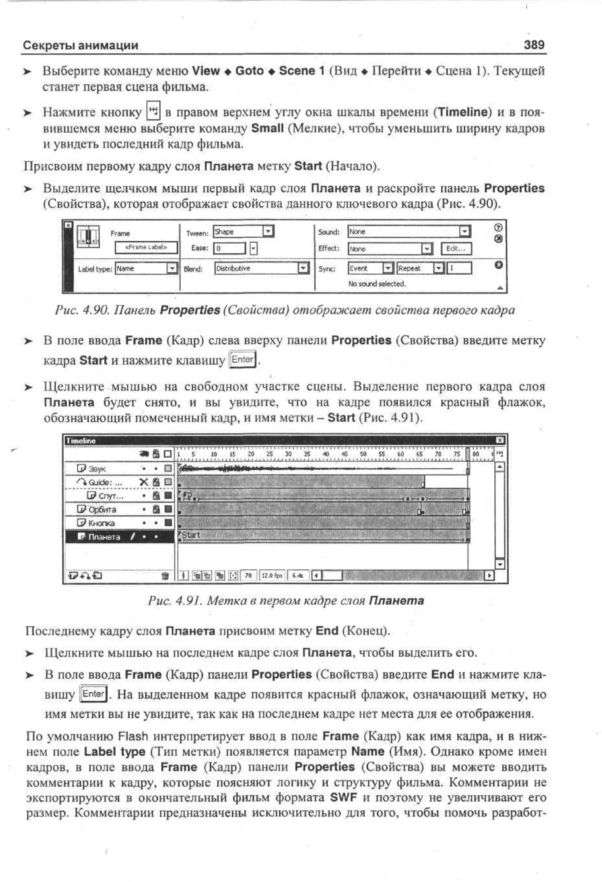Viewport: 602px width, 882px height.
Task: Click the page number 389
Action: pos(534,45)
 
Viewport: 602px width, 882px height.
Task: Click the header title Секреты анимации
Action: pos(81,46)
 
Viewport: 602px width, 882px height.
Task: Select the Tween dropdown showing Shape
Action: pos(243,231)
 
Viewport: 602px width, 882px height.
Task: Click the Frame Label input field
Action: pos(146,247)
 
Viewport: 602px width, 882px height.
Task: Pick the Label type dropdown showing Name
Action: pos(146,268)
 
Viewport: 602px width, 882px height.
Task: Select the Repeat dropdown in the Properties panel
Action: pos(420,268)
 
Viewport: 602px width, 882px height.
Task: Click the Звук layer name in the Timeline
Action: pos(97,469)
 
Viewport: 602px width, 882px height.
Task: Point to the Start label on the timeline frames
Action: pos(191,535)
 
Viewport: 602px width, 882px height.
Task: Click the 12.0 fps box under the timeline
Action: pos(272,575)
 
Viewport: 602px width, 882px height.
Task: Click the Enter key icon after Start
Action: pos(243,359)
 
